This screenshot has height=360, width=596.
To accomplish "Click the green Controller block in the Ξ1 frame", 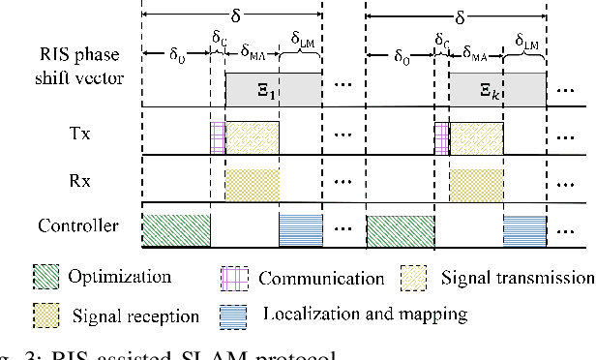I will tap(176, 229).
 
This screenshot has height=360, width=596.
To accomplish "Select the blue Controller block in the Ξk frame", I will tap(525, 229).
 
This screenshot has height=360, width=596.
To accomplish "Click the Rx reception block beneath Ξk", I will tap(477, 183).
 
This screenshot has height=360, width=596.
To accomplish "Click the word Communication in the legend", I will tap(320, 279).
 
